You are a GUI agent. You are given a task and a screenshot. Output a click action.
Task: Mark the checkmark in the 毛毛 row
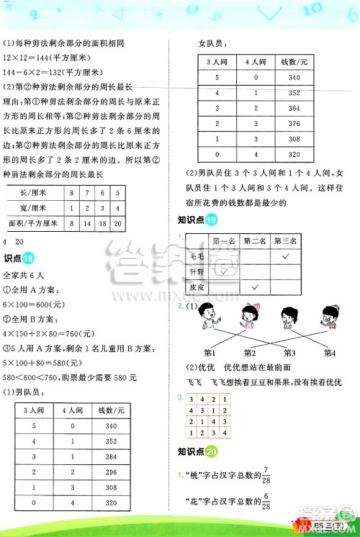(287, 256)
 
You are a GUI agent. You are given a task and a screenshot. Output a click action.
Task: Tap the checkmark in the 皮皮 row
(254, 287)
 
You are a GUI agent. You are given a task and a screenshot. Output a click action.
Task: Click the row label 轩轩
(195, 271)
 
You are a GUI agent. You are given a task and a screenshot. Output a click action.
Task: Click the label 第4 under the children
(330, 353)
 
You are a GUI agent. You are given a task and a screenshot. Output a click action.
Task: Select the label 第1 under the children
(212, 353)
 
